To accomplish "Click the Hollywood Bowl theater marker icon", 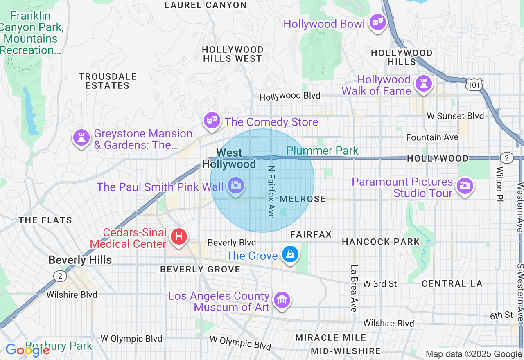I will point(377,22).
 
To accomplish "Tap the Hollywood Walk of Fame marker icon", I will point(423,84).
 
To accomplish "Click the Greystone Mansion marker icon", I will point(81,137).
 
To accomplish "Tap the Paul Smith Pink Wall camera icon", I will point(235,185).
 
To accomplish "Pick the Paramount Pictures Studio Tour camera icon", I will point(464,186).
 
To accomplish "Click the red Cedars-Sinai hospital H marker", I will point(179,236).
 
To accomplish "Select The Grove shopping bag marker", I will point(290,254).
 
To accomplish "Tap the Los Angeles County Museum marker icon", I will point(282,300).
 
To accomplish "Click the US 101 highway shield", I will point(474,84).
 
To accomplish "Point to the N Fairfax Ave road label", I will point(271,192).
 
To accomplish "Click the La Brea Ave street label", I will point(354,288).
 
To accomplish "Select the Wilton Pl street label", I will point(500,183).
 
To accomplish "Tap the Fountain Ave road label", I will point(432,137).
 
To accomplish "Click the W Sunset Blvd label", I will point(455,116).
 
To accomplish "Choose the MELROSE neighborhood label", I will point(303,199).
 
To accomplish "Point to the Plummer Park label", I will point(323,151).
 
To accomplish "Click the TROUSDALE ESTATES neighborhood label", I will point(108,81).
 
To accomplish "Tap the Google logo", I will point(27,350).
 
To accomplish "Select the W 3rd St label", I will point(380,284).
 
